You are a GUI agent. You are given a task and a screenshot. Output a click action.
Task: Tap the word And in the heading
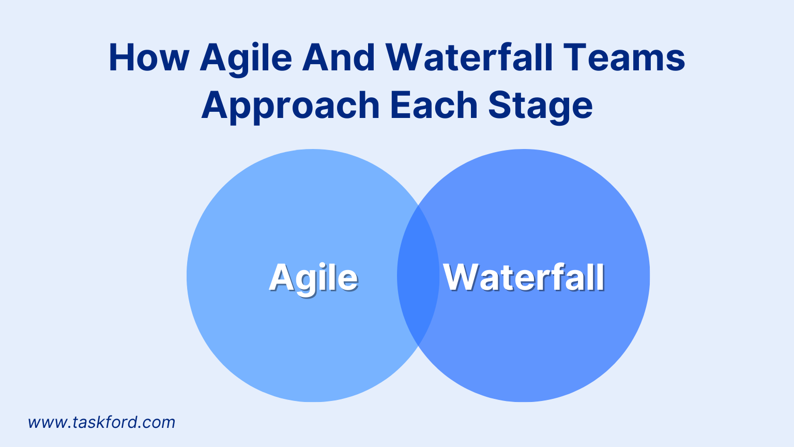339,57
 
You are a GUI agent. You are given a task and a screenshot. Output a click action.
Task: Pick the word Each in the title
434,105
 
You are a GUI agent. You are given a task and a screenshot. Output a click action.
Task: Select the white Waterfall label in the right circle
524,277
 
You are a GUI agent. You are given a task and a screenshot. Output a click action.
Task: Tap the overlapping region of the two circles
418,276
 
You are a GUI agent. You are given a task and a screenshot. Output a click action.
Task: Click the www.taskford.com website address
101,423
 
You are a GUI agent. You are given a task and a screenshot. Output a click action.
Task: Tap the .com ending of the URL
157,423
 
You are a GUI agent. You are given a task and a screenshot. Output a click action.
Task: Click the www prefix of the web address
48,423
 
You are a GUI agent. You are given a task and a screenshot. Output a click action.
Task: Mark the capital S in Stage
500,105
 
